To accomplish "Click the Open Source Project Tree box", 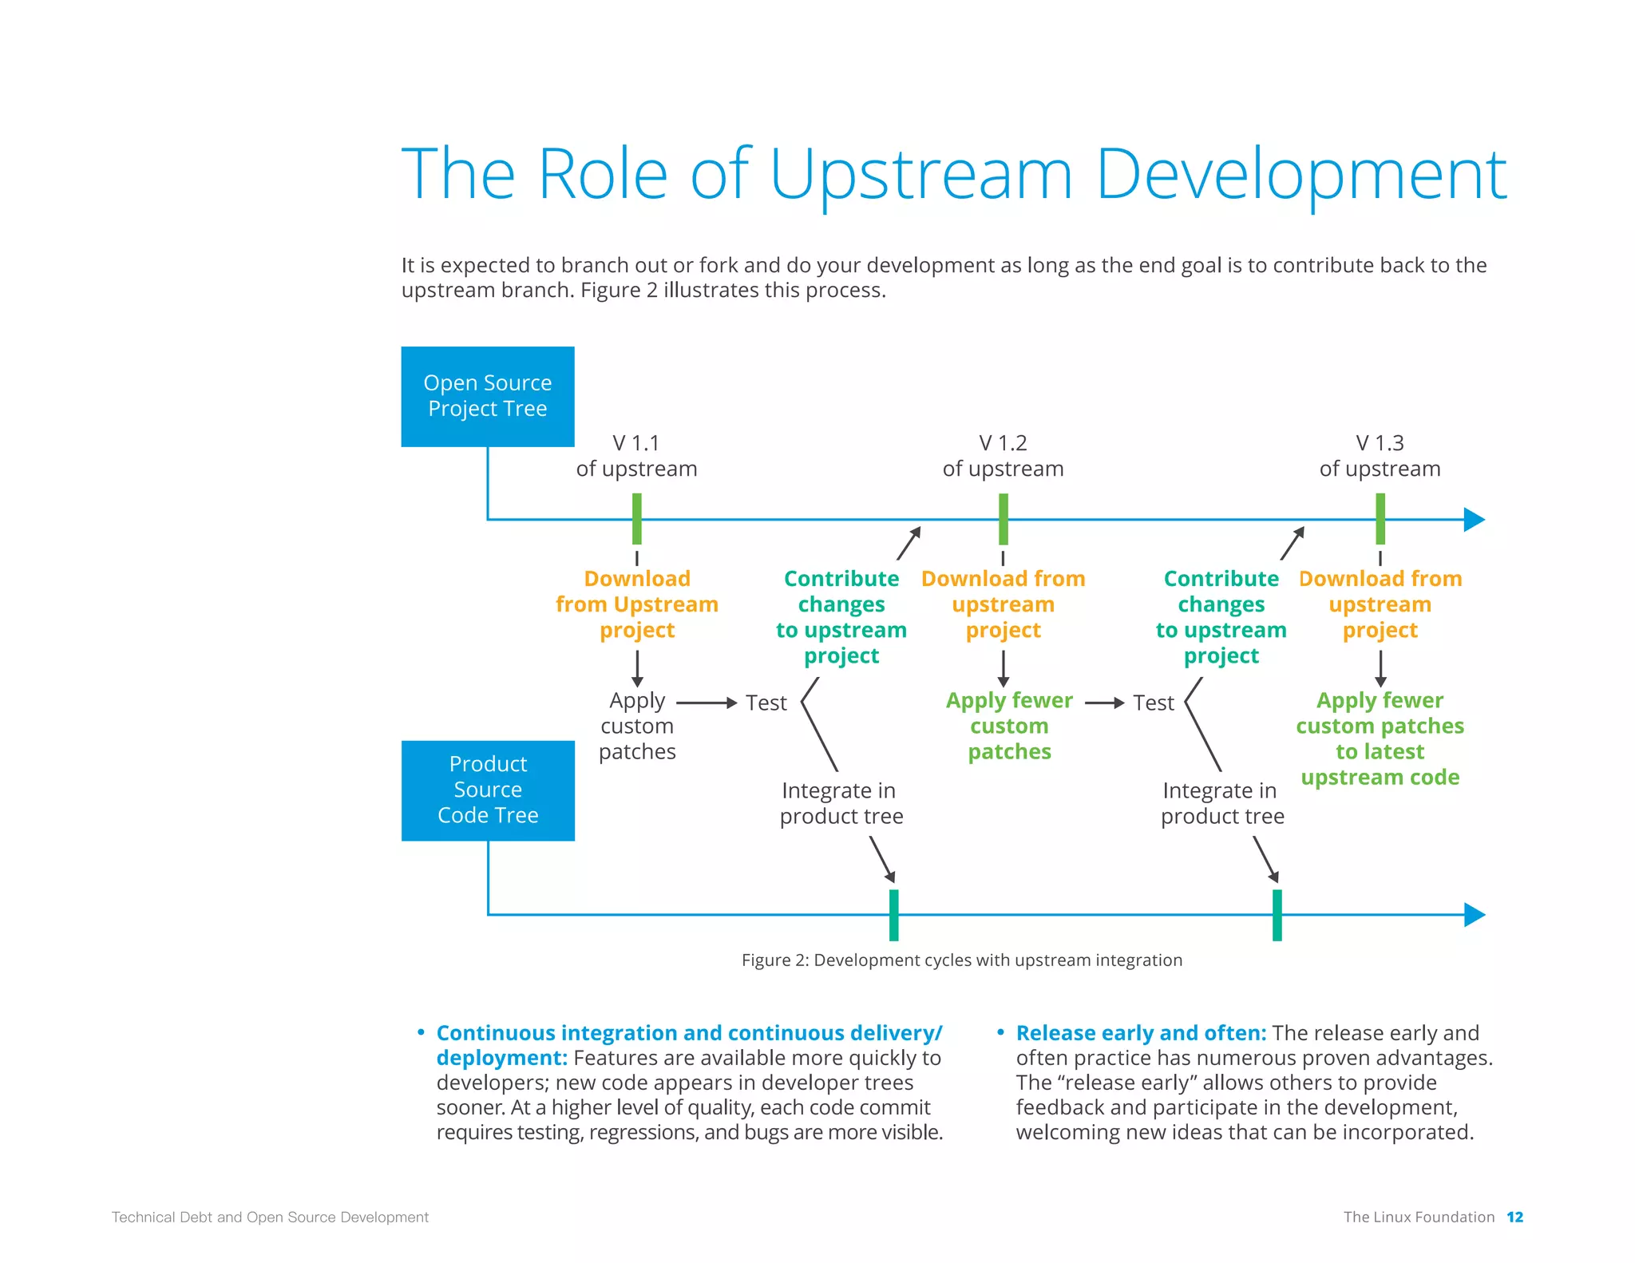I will point(488,396).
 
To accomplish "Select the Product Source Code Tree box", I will point(488,790).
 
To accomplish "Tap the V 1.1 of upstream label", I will point(636,456).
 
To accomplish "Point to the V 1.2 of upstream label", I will point(1003,456).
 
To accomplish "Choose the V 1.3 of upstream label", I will point(1380,456).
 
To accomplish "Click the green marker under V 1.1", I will point(637,519).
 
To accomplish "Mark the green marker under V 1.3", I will point(1380,519).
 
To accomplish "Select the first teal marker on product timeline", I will point(894,915).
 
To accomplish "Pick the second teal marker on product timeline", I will point(1277,915).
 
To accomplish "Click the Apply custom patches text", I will point(637,726).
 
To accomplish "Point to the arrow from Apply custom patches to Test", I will point(707,703).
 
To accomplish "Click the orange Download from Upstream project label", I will point(637,604).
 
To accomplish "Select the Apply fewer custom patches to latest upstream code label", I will point(1380,738).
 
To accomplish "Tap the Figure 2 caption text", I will point(962,960).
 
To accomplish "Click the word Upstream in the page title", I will point(921,176).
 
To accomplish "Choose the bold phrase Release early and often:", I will point(1141,1033).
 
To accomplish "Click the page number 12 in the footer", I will point(1514,1217).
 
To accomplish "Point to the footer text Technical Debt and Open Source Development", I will point(270,1217).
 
